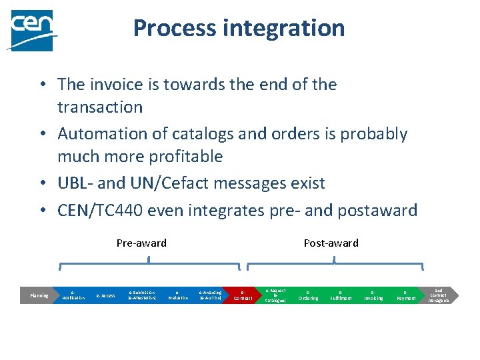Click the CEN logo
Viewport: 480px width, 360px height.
tap(31, 30)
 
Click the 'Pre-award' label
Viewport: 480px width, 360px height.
tap(141, 243)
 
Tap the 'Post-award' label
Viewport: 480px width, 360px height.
tap(331, 243)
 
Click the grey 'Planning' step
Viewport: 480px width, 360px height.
tap(39, 295)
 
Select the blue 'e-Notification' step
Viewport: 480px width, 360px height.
tap(73, 295)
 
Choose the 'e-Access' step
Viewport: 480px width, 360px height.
tap(106, 295)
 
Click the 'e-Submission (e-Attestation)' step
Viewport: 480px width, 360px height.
tap(142, 295)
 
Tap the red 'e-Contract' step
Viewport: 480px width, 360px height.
tap(243, 295)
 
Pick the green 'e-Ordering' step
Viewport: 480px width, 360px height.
tap(308, 295)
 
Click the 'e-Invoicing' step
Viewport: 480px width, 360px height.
tap(373, 295)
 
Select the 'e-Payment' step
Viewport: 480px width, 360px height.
tap(406, 295)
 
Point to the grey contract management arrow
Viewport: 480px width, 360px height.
tap(439, 295)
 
